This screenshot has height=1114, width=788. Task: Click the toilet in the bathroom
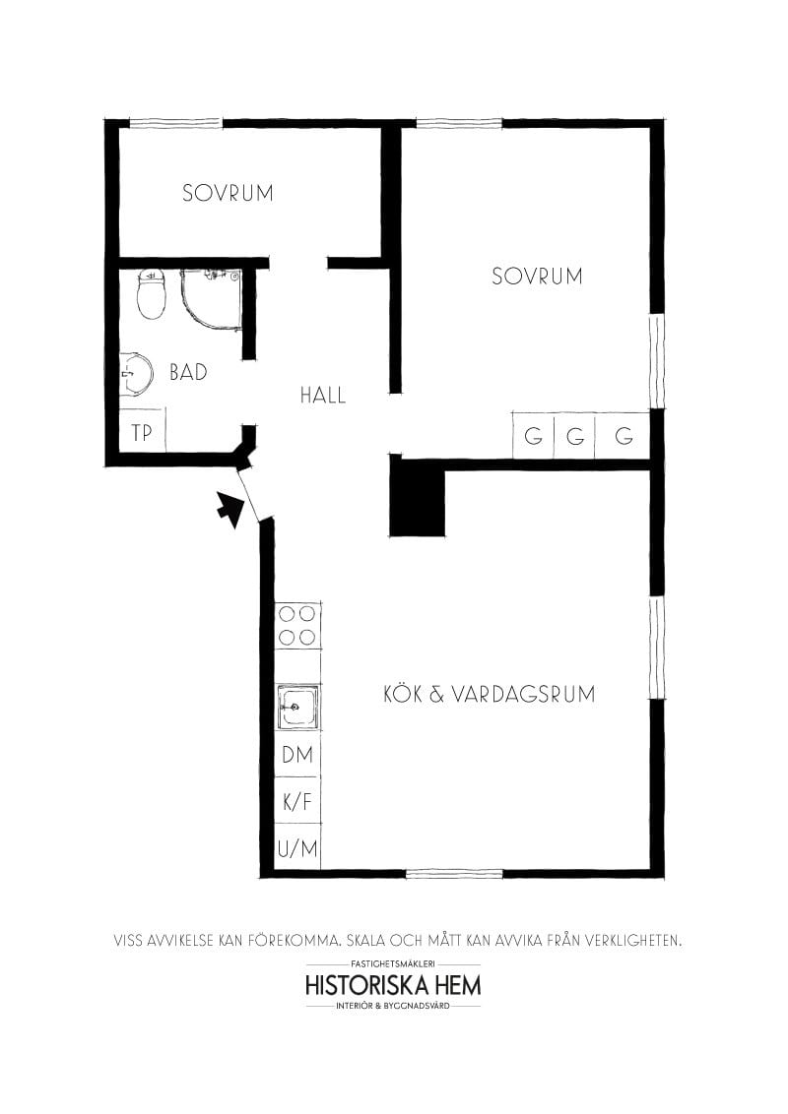coord(151,294)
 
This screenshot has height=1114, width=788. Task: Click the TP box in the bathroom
coord(142,432)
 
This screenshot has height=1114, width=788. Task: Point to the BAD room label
coord(188,373)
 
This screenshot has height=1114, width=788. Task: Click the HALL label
coord(323,396)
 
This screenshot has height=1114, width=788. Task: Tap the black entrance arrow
coord(230,510)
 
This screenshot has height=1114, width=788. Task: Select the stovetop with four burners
coord(297,625)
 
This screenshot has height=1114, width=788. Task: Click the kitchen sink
coord(296,706)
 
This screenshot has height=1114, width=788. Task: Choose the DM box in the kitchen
coord(297,755)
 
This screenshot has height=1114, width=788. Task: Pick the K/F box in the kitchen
coord(297,801)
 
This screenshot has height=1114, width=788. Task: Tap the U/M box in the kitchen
coord(297,848)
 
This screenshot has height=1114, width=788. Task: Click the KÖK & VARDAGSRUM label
coord(489,694)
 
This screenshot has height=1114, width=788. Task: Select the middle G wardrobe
coord(575,435)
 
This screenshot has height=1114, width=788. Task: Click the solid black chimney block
coord(418,501)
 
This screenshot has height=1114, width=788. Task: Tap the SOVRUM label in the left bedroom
coord(228,193)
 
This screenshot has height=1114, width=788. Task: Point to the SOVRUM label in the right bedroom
coord(537,277)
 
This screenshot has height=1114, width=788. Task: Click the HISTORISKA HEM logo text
coord(393,985)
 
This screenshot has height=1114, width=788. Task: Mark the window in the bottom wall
coord(454,873)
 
